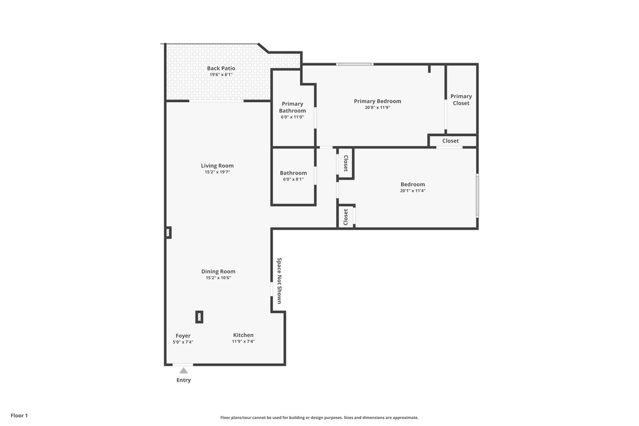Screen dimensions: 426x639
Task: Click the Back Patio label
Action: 221,69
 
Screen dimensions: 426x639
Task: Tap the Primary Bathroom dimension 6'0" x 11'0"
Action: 292,117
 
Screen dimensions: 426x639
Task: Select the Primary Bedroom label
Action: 377,101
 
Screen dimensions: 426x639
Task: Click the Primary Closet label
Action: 461,99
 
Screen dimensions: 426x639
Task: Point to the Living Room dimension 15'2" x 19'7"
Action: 217,172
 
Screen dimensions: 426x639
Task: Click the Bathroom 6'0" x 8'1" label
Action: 293,173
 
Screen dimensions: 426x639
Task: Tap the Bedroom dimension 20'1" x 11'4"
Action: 412,191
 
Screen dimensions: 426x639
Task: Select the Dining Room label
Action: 218,272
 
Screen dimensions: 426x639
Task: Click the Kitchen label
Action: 243,335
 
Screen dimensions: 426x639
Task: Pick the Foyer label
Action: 183,335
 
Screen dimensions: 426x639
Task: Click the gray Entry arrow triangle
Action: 183,371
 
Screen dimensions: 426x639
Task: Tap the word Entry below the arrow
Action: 183,380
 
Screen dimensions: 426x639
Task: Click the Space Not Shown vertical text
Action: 279,280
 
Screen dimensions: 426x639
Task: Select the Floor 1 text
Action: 19,415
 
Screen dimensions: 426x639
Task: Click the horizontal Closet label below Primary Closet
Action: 450,141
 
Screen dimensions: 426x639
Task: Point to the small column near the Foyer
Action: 200,317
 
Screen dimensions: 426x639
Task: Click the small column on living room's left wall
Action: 169,233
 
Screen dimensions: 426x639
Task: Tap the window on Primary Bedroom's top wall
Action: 354,64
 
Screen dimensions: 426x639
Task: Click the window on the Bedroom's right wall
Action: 477,195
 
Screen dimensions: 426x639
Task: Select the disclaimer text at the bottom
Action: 319,417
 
